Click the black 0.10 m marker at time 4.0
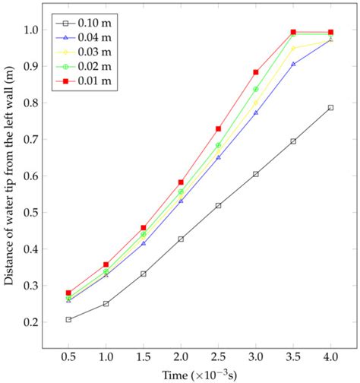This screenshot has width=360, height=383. (x=330, y=108)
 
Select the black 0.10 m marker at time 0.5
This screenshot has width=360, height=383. (x=68, y=319)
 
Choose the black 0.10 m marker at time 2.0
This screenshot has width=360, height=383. (x=181, y=239)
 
